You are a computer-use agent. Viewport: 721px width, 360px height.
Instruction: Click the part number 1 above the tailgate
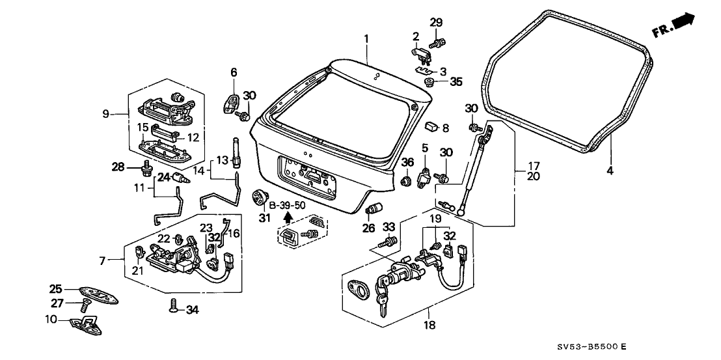click(366, 38)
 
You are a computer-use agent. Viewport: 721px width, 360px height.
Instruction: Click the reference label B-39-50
click(287, 206)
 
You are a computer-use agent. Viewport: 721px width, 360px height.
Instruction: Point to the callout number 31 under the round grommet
click(264, 217)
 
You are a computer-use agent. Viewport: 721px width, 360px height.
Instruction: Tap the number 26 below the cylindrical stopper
click(369, 227)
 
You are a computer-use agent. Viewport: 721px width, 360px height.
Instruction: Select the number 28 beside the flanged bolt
click(117, 168)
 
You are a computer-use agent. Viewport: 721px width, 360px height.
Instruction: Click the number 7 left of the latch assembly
click(103, 261)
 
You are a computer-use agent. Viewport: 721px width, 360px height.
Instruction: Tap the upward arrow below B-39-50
click(287, 218)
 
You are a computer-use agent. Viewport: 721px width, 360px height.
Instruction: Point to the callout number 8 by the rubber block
click(446, 128)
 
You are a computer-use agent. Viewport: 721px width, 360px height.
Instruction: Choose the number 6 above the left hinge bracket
click(233, 72)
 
